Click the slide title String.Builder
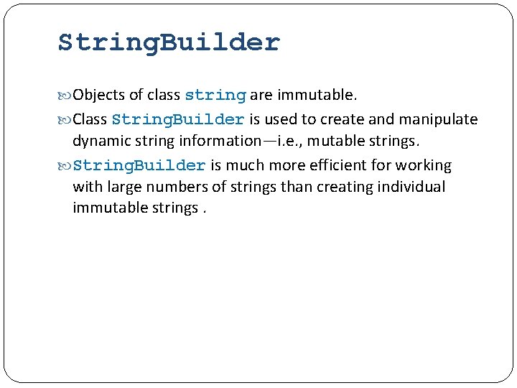pyautogui.click(x=169, y=42)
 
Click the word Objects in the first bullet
pyautogui.click(x=99, y=95)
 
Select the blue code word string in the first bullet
pyautogui.click(x=215, y=96)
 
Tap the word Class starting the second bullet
pyautogui.click(x=90, y=119)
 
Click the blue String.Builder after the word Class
pyautogui.click(x=178, y=119)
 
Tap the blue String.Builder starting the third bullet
pyautogui.click(x=139, y=166)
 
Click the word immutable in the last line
pyautogui.click(x=104, y=208)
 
